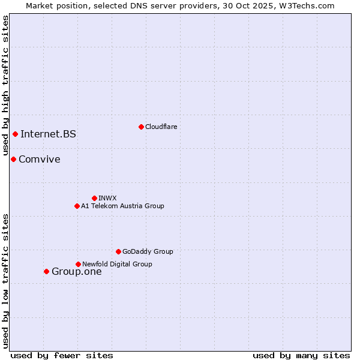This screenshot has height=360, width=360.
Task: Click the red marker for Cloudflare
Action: [x=141, y=127]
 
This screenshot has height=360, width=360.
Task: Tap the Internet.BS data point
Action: [x=15, y=134]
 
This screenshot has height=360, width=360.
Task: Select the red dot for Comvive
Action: [x=13, y=159]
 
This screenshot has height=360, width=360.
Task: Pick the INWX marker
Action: [x=94, y=198]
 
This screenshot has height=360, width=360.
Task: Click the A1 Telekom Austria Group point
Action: [x=77, y=206]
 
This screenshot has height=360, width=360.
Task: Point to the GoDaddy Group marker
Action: [x=118, y=251]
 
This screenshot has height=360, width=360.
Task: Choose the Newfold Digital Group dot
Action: [x=78, y=264]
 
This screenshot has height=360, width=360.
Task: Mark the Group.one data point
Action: [x=46, y=271]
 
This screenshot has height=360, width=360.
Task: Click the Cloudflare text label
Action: [x=161, y=127]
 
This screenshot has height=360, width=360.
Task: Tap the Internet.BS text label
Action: [x=48, y=134]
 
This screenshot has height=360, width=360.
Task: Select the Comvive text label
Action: [x=39, y=159]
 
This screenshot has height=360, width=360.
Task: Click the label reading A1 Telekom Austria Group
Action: [x=122, y=206]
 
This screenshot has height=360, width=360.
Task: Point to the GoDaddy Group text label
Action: [x=148, y=251]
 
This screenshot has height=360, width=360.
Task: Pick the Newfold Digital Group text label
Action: [x=117, y=264]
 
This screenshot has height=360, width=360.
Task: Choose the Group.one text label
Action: [x=76, y=271]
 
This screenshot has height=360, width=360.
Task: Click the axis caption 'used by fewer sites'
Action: [x=62, y=355]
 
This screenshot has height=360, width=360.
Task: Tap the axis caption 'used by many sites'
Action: [x=301, y=355]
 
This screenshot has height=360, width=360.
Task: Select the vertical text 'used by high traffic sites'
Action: [x=5, y=86]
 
